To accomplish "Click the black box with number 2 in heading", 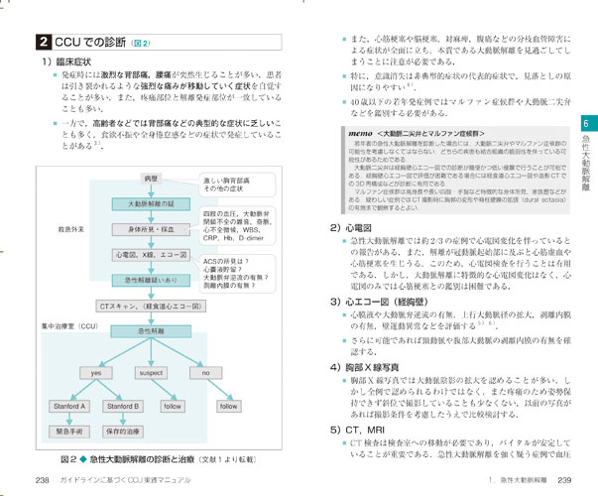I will click(x=41, y=43).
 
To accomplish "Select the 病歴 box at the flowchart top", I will click(x=151, y=178).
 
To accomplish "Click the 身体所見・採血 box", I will click(x=151, y=229).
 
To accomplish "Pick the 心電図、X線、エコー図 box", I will click(x=151, y=254).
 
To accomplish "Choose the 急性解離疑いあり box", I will click(x=151, y=280).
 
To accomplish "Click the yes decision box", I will click(x=97, y=372).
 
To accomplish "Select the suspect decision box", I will click(x=151, y=372).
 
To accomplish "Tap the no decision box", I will click(x=205, y=372).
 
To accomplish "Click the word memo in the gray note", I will click(x=360, y=132).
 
